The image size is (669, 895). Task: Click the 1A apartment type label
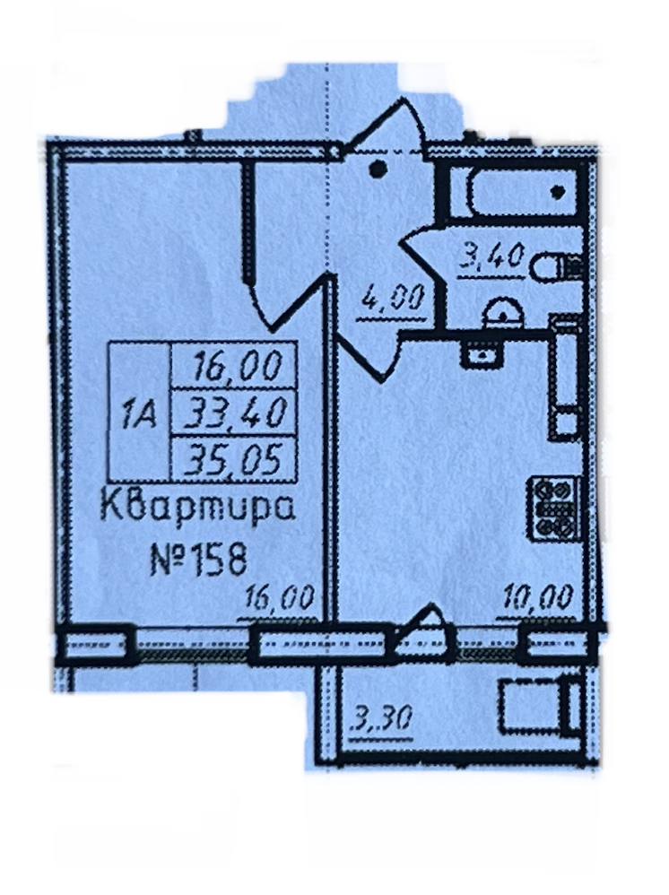(x=138, y=413)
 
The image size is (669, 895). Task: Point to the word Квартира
(x=196, y=513)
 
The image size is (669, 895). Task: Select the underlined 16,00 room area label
(x=281, y=596)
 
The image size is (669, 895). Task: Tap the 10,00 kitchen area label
(x=536, y=596)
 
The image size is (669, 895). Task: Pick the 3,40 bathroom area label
(x=490, y=260)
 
